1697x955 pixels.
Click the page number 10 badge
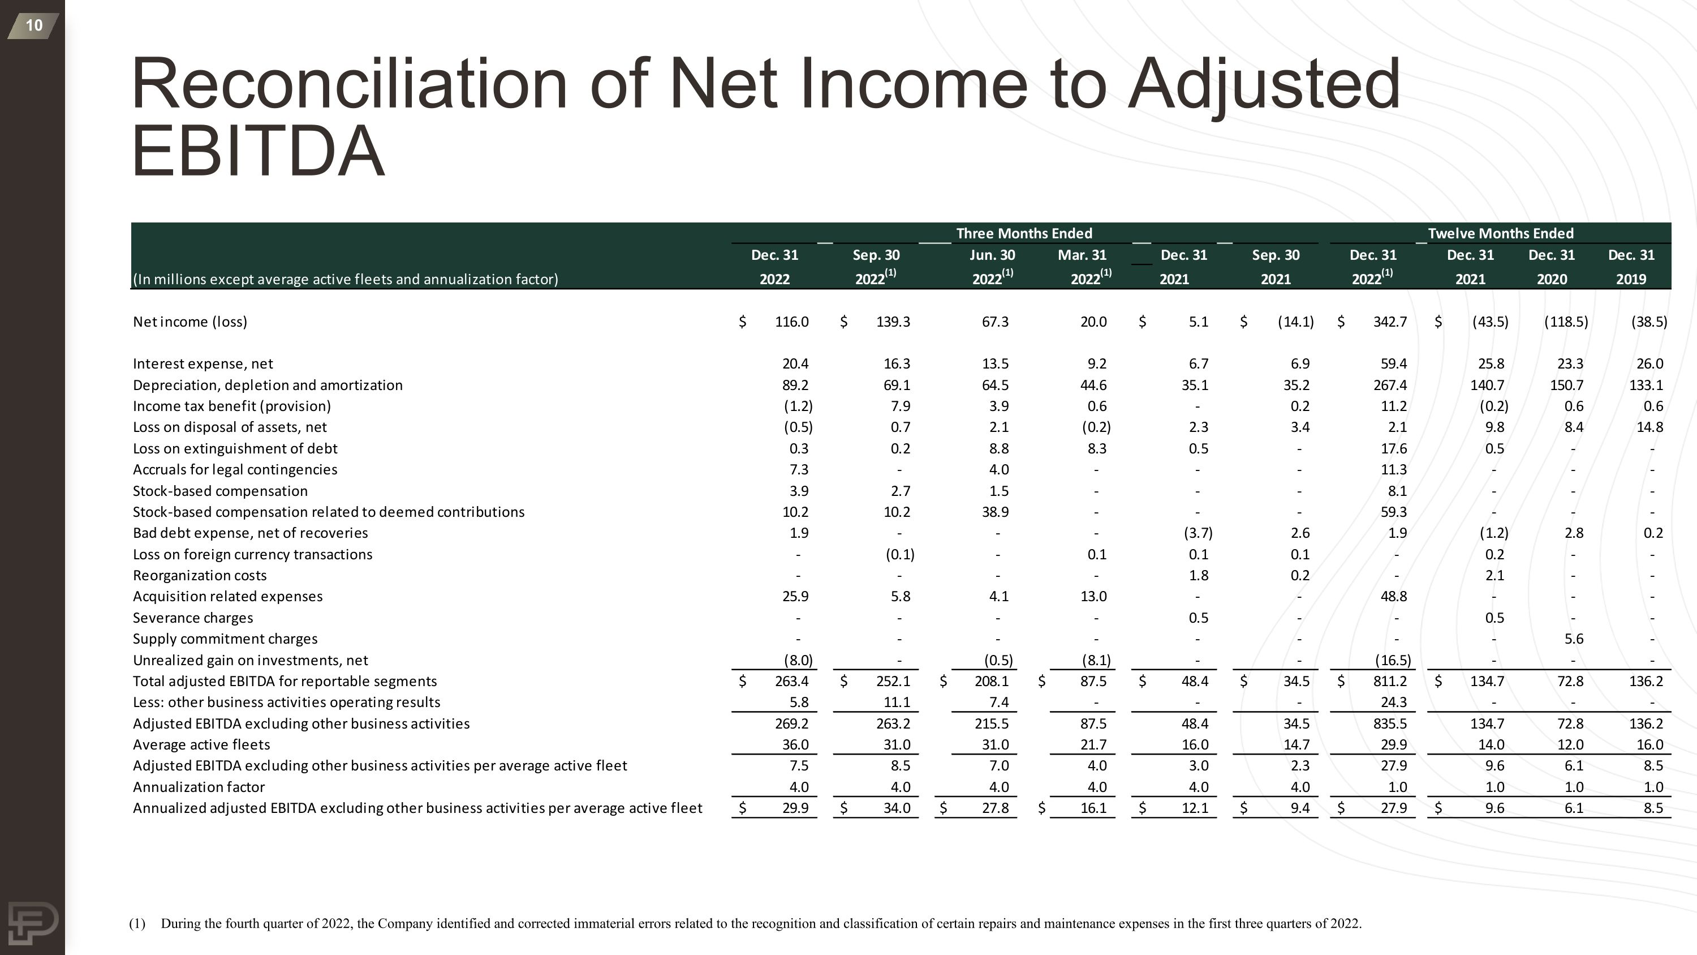pyautogui.click(x=33, y=25)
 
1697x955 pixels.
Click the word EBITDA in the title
pyautogui.click(x=257, y=151)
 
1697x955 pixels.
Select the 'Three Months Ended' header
pyautogui.click(x=1024, y=233)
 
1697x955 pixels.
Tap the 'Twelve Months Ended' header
pyautogui.click(x=1500, y=233)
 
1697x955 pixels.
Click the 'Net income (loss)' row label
pyautogui.click(x=189, y=322)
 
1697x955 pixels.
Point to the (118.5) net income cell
pyautogui.click(x=1566, y=322)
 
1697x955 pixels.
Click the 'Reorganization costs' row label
pyautogui.click(x=200, y=575)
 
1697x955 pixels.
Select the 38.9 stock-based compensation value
pyautogui.click(x=995, y=512)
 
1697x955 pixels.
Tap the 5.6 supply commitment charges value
pyautogui.click(x=1573, y=639)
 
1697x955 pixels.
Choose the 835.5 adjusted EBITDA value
pyautogui.click(x=1389, y=723)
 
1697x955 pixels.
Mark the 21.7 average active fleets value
pyautogui.click(x=1093, y=745)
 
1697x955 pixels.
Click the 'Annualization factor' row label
pyautogui.click(x=199, y=787)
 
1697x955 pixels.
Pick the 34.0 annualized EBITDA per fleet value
pyautogui.click(x=897, y=808)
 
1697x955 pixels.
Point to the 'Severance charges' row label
pyautogui.click(x=192, y=618)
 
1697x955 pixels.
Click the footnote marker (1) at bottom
pyautogui.click(x=137, y=923)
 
